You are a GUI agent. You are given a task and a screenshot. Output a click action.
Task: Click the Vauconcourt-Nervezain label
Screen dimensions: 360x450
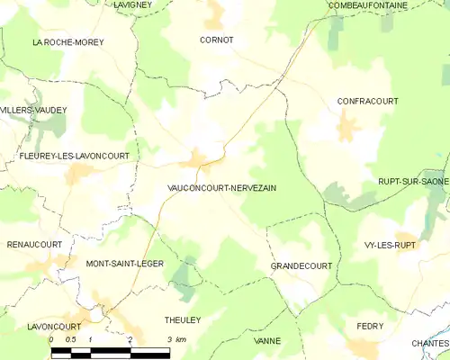[x=221, y=187]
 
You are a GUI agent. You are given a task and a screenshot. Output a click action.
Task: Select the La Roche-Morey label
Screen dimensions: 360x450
[x=67, y=42]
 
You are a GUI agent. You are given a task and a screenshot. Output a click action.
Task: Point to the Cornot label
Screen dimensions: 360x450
[x=216, y=40]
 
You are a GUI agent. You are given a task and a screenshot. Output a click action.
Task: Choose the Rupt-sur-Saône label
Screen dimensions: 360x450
[x=412, y=182]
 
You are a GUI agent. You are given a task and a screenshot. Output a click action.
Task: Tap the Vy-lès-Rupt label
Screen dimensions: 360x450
[x=390, y=245]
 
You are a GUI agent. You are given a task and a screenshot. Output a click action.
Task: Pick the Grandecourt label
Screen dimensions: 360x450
[x=301, y=266]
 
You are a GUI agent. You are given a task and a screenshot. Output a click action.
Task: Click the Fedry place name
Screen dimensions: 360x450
[x=370, y=326]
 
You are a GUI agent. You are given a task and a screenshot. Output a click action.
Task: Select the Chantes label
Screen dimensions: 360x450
[x=429, y=343]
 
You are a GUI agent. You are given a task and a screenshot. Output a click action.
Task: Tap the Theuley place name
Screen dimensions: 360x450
[x=183, y=319]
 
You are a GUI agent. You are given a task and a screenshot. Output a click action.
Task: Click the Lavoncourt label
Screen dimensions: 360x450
[x=54, y=327]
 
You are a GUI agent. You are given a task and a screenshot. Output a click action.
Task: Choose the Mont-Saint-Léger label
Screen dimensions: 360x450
[x=124, y=264]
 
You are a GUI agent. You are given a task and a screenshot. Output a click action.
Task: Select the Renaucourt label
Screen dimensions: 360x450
[x=34, y=244]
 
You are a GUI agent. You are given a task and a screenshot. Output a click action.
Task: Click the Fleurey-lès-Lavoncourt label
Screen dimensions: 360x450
[x=74, y=156]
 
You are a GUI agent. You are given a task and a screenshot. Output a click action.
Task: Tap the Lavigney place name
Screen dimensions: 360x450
[x=133, y=5]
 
